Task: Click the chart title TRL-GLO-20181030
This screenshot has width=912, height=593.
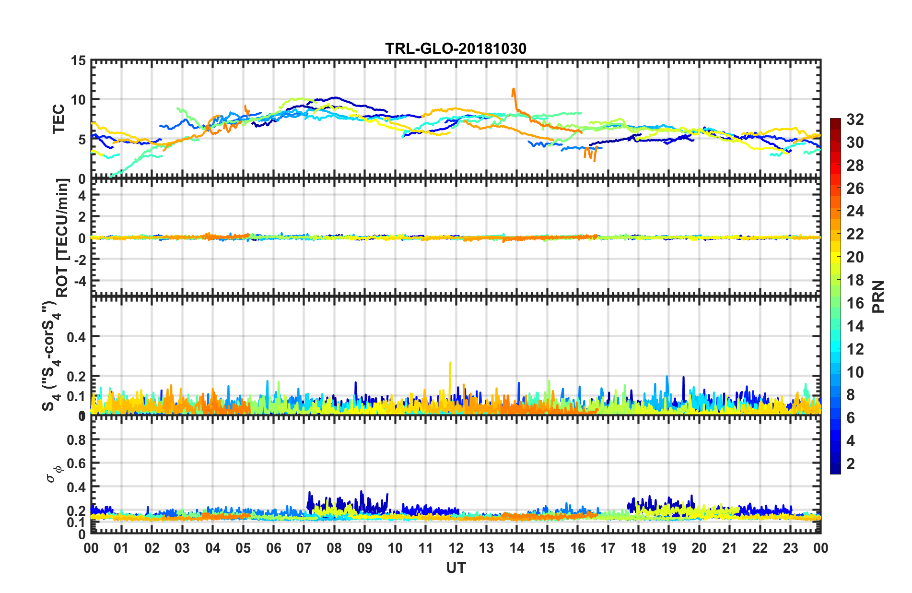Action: [456, 48]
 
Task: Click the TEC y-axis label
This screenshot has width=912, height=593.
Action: [58, 119]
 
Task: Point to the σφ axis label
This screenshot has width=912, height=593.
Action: [54, 473]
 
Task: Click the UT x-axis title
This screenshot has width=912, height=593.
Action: [456, 568]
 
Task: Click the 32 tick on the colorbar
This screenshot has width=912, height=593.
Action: [855, 119]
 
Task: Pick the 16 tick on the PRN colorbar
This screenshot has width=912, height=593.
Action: [855, 303]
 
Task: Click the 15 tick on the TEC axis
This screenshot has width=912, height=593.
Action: [78, 61]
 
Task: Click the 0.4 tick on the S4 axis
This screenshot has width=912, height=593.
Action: [76, 337]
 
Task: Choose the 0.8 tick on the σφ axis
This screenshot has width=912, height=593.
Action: [76, 440]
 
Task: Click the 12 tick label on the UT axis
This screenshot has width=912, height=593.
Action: [456, 548]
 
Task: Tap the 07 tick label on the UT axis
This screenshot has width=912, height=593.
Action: [304, 548]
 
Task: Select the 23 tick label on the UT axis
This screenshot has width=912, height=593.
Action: [790, 548]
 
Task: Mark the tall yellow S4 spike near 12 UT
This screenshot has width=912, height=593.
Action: [450, 365]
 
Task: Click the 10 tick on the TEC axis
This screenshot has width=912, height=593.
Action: [78, 100]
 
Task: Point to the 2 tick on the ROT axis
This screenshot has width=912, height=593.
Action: [82, 217]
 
